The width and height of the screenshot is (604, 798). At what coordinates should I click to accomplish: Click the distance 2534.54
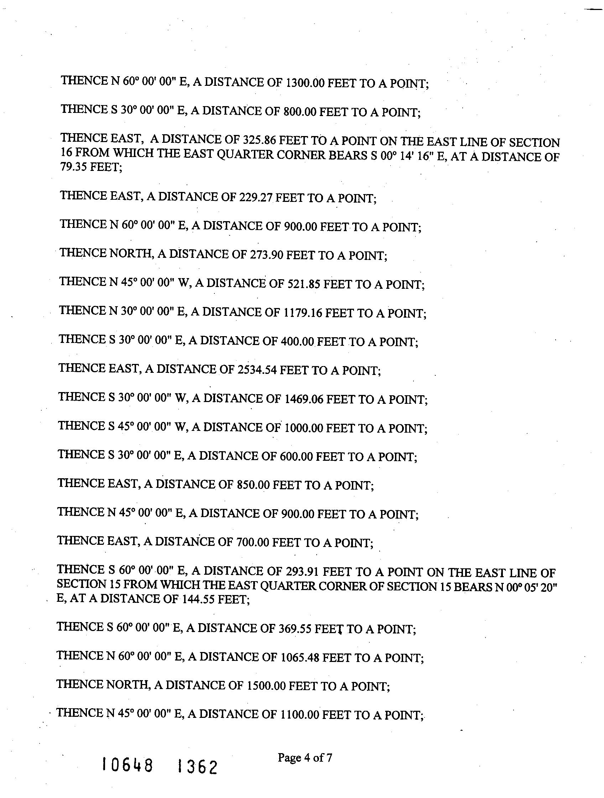point(257,370)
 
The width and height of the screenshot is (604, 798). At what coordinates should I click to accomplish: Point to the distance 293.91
point(302,572)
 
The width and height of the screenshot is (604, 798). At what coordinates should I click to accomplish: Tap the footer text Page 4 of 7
point(304,758)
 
